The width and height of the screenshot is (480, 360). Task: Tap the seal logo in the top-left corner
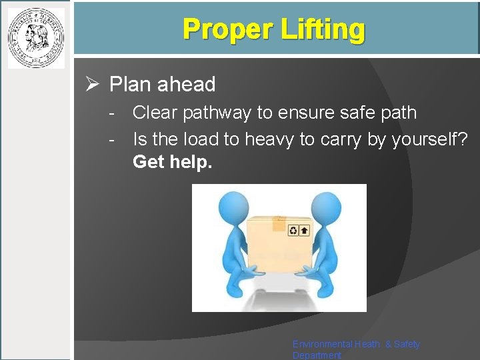click(x=36, y=38)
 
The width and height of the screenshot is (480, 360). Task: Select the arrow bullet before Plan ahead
click(x=93, y=85)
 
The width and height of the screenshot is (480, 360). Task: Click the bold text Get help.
click(x=173, y=161)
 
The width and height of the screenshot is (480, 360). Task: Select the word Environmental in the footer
click(x=323, y=344)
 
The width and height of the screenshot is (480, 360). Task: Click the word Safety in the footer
click(x=407, y=344)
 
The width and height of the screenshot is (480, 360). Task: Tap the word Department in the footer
click(x=317, y=355)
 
